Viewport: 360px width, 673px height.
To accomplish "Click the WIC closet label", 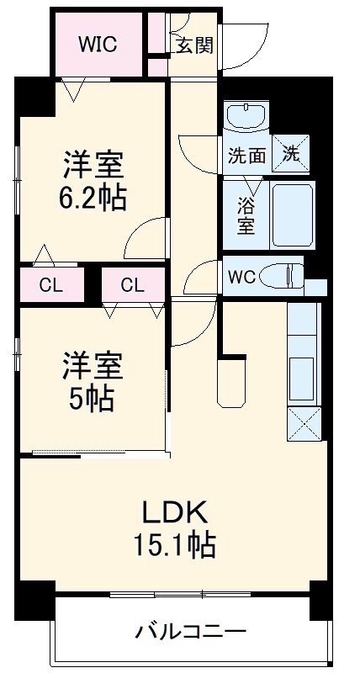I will coord(98,45).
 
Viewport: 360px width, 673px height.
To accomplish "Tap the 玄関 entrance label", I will coord(194,45).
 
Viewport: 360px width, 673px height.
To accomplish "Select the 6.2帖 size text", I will coord(93,198).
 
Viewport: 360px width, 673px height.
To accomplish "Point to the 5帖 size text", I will coord(92,398).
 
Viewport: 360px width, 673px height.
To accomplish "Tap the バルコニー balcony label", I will coord(191,631).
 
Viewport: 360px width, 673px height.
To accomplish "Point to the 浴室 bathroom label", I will coord(246,215).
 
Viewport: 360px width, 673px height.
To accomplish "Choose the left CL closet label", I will coord(51,284).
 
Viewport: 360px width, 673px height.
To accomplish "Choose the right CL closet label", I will coord(132,284).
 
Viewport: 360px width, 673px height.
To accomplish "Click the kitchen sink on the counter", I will coord(304,370).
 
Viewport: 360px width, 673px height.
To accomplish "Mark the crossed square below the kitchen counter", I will coord(304,423).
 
